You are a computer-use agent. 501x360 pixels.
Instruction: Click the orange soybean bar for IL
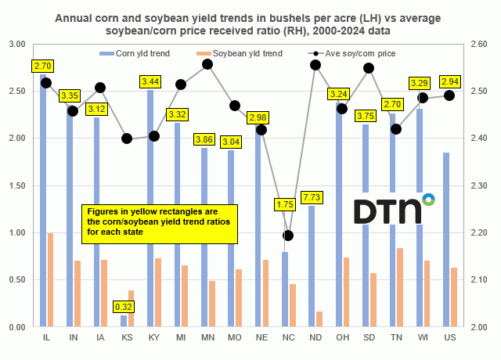pyautogui.click(x=51, y=279)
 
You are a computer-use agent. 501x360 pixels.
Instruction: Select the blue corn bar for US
pyautogui.click(x=445, y=239)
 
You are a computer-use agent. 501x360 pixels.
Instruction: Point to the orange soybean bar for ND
pyautogui.click(x=319, y=319)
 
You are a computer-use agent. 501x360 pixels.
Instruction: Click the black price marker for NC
pyautogui.click(x=289, y=235)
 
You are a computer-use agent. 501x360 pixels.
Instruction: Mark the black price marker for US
pyautogui.click(x=449, y=95)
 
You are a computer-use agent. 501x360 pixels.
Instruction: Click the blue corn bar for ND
pyautogui.click(x=312, y=266)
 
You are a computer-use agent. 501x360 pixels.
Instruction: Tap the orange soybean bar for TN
pyautogui.click(x=400, y=287)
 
